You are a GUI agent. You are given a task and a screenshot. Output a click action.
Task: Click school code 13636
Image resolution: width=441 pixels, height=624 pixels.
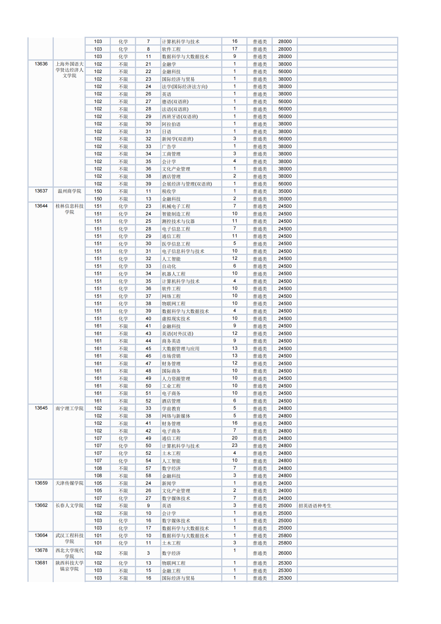(x=41, y=64)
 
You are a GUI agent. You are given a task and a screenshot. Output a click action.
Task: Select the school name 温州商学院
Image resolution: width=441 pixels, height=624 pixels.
(x=69, y=191)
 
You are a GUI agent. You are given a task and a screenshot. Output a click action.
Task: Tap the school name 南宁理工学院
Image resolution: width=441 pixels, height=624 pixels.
(x=69, y=408)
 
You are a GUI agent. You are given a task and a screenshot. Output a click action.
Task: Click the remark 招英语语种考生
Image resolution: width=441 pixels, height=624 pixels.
(x=315, y=506)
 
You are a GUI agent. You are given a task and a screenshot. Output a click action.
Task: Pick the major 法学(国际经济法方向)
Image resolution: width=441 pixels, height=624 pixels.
(x=184, y=87)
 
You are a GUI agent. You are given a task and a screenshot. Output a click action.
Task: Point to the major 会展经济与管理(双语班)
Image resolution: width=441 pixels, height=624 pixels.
(x=187, y=184)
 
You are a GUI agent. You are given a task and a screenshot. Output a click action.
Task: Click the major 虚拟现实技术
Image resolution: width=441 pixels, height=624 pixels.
(x=176, y=319)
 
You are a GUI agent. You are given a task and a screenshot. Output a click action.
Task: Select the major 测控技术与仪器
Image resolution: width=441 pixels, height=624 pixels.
(x=178, y=221)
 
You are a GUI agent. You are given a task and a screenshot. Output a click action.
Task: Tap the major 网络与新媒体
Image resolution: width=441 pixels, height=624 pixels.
(x=176, y=416)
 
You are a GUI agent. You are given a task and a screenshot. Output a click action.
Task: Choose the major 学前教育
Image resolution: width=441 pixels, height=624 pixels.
(x=171, y=408)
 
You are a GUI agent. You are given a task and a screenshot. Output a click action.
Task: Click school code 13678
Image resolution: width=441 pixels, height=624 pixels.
(x=41, y=550)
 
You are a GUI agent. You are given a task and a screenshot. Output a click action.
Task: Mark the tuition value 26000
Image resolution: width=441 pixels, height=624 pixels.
(x=285, y=553)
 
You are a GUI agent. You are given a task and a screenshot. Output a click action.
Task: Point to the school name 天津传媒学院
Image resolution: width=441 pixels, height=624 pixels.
(x=69, y=483)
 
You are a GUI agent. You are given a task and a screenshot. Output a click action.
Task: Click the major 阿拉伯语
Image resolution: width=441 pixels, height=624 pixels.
(x=171, y=124)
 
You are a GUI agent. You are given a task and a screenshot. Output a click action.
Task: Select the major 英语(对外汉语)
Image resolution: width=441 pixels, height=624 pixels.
(x=177, y=334)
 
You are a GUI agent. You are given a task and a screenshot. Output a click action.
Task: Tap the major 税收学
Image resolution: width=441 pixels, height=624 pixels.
(x=169, y=191)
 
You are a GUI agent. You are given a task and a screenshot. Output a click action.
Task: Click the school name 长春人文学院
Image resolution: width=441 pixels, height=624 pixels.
(x=69, y=505)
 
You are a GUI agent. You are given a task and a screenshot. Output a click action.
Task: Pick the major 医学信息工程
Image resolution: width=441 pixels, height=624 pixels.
(x=176, y=244)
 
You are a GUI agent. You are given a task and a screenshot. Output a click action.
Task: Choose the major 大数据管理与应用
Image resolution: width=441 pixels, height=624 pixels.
(x=180, y=349)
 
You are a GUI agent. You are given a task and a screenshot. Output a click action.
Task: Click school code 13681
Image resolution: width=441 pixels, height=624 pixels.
(x=41, y=563)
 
